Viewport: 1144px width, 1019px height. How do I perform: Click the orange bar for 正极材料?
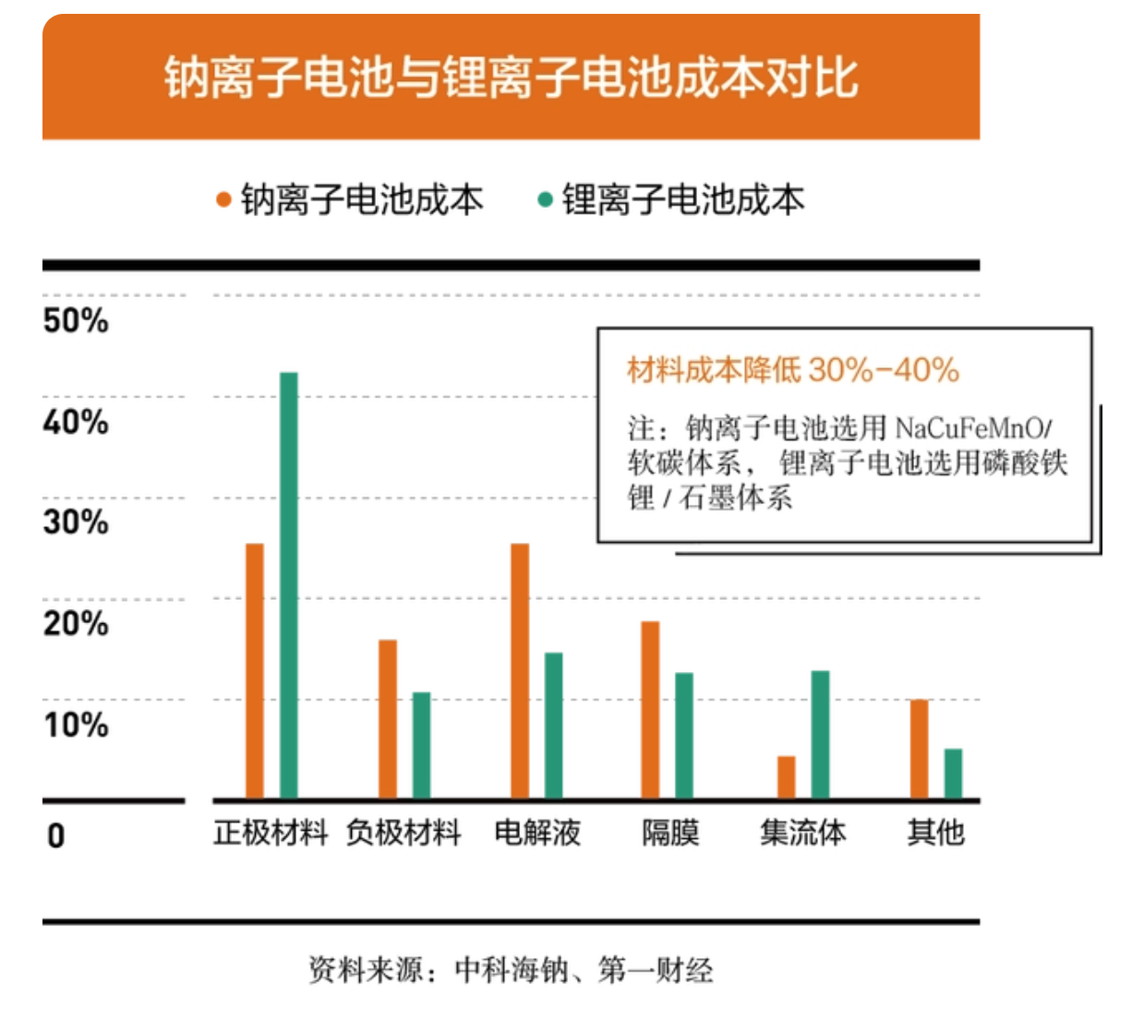pos(255,671)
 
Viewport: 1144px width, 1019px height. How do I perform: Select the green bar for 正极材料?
pos(288,585)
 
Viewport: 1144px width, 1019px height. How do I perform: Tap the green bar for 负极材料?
pos(421,745)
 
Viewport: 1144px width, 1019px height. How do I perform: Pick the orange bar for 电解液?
pos(520,671)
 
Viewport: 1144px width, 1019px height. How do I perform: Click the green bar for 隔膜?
pos(684,736)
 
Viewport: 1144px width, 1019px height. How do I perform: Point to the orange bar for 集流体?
pos(786,777)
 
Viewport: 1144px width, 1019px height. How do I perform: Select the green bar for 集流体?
pos(820,735)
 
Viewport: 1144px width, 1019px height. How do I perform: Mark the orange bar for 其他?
pos(919,749)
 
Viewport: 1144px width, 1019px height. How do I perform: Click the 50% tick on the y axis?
pos(76,321)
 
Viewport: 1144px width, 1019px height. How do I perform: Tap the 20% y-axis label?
pos(76,624)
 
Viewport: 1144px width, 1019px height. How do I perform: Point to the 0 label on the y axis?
pos(56,835)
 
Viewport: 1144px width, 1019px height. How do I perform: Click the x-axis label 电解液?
pos(537,833)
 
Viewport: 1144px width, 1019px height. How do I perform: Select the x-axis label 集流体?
pos(802,833)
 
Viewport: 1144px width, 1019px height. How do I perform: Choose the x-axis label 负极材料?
pos(403,833)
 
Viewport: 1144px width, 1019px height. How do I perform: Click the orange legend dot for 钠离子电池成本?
pos(223,199)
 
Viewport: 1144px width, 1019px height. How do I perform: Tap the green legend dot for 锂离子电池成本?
pos(545,199)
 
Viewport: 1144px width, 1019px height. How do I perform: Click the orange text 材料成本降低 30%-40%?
pos(792,370)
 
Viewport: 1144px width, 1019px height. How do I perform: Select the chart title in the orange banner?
pos(511,78)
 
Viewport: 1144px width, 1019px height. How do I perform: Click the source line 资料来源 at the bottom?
pos(511,970)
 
